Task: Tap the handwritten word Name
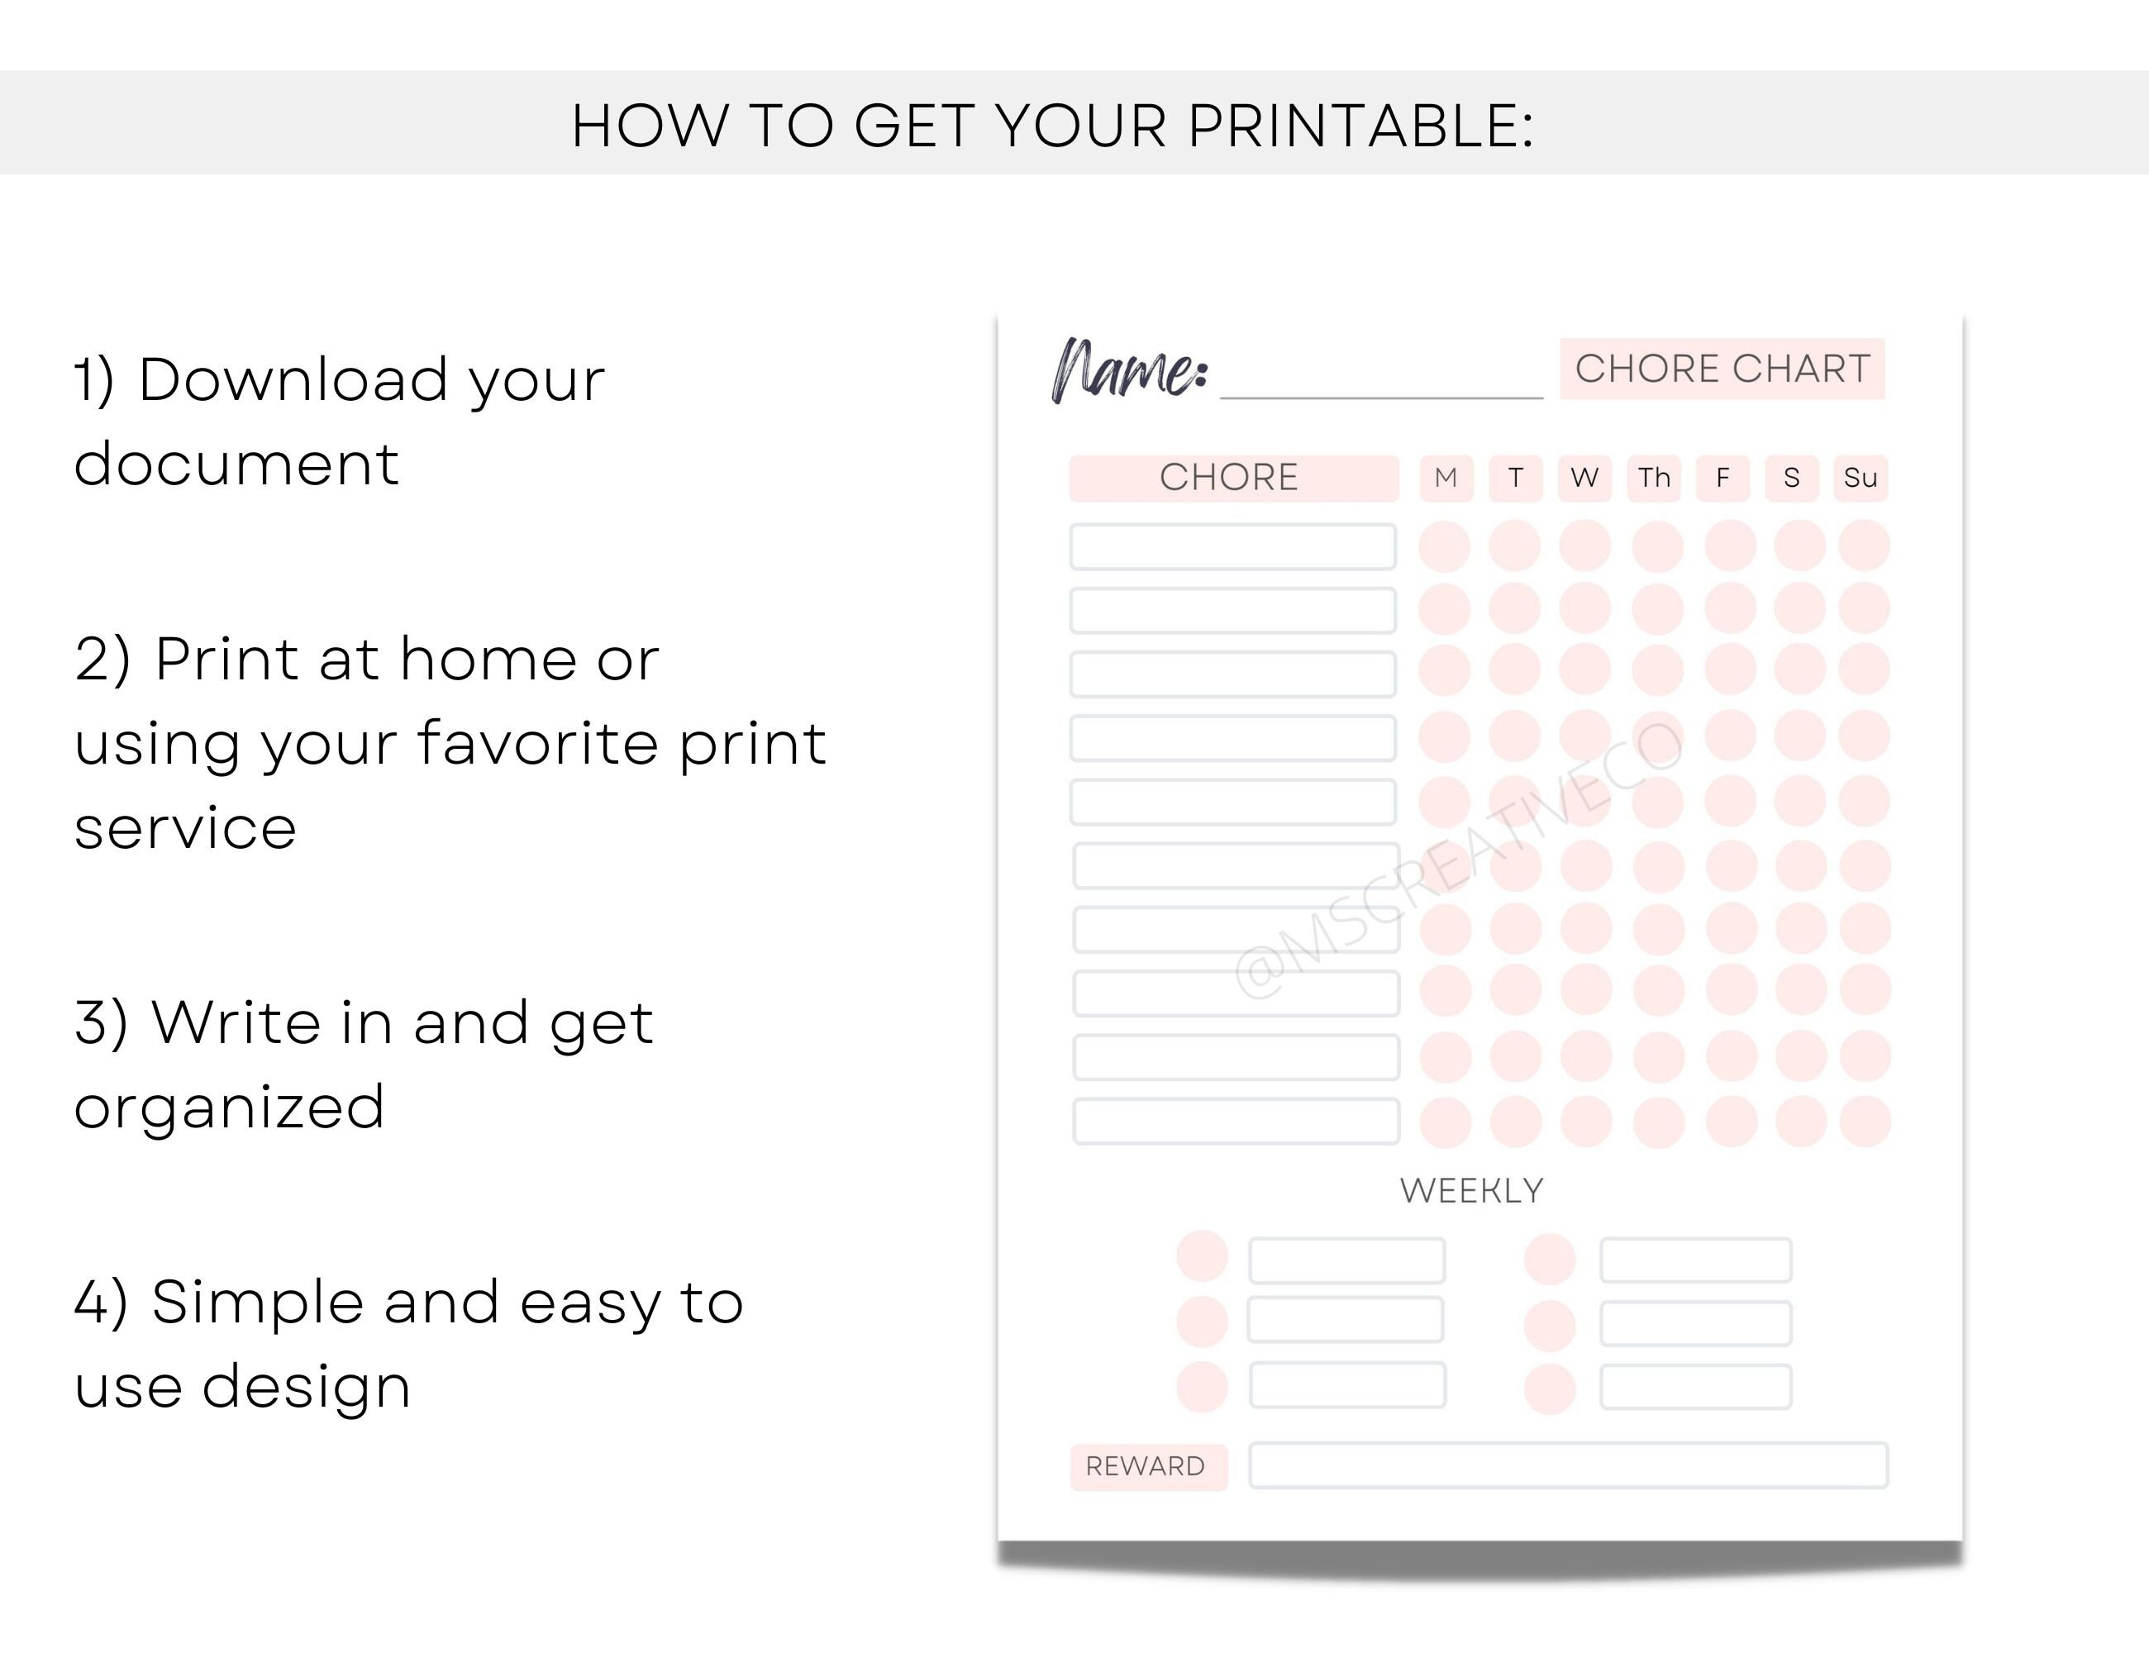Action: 1130,371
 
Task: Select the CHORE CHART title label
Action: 1722,369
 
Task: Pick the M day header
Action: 1446,479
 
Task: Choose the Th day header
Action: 1654,479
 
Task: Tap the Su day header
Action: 1860,479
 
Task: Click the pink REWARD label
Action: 1147,1467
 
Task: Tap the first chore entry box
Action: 1233,547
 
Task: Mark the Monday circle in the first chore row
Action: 1445,547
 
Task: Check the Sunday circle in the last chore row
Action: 1865,1122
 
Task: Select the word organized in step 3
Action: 229,1107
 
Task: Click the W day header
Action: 1584,479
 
